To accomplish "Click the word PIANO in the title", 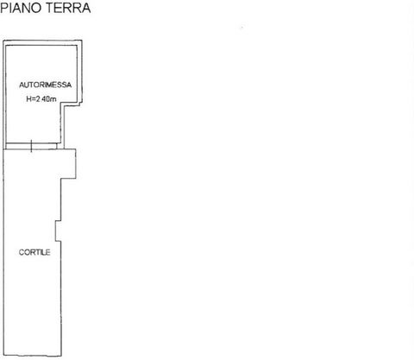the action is [21, 8].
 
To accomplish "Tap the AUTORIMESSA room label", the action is [46, 85].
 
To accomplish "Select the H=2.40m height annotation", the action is [41, 99].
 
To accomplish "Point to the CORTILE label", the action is [34, 252].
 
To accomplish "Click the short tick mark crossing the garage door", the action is [31, 146].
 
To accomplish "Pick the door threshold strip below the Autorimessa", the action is [31, 146].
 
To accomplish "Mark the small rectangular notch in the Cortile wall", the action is [58, 231].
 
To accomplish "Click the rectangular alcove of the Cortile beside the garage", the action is [68, 163].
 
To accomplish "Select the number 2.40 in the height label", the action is [42, 99].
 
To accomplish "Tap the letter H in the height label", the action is [28, 99].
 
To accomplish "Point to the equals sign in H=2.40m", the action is [33, 99].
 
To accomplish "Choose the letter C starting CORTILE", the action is [21, 252].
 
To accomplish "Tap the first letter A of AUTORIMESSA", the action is [22, 85].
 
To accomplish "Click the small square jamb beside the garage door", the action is [60, 146].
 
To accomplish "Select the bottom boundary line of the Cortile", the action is [32, 356].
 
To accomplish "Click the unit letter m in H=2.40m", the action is [53, 99].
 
